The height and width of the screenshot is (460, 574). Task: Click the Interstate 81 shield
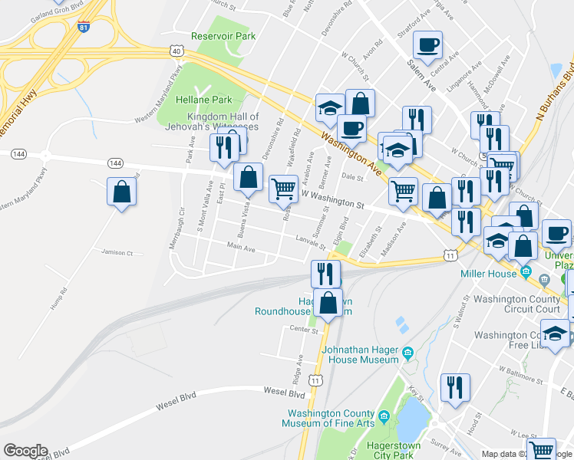click(x=83, y=28)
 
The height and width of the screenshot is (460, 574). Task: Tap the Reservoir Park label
click(x=223, y=36)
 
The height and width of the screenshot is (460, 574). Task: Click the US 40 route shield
click(x=177, y=51)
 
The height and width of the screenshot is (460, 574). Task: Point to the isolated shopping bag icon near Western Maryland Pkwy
click(x=122, y=192)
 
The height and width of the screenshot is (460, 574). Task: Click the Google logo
click(x=25, y=451)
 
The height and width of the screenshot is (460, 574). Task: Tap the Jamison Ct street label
click(x=117, y=252)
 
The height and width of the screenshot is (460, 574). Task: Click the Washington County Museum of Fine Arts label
click(x=328, y=418)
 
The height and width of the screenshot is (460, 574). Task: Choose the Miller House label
click(x=488, y=274)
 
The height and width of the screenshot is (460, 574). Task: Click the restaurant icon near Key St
click(x=455, y=388)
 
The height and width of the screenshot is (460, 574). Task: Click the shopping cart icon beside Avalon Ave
click(x=283, y=188)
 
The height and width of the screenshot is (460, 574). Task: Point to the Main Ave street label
click(x=241, y=248)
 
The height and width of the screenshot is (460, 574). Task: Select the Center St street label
click(x=303, y=330)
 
